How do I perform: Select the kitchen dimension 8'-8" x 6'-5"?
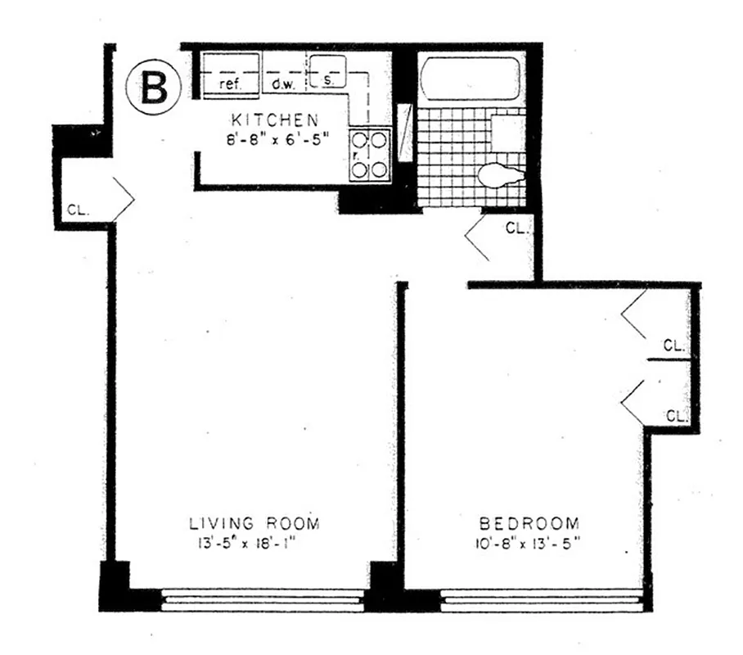tap(272, 139)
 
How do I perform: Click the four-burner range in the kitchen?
tap(367, 155)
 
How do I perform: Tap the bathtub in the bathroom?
tap(470, 79)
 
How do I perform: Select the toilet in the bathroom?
tap(502, 174)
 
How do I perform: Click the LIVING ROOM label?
tap(254, 523)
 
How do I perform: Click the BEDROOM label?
tap(529, 523)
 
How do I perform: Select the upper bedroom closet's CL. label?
tap(673, 346)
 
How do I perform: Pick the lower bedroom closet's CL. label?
tap(675, 416)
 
